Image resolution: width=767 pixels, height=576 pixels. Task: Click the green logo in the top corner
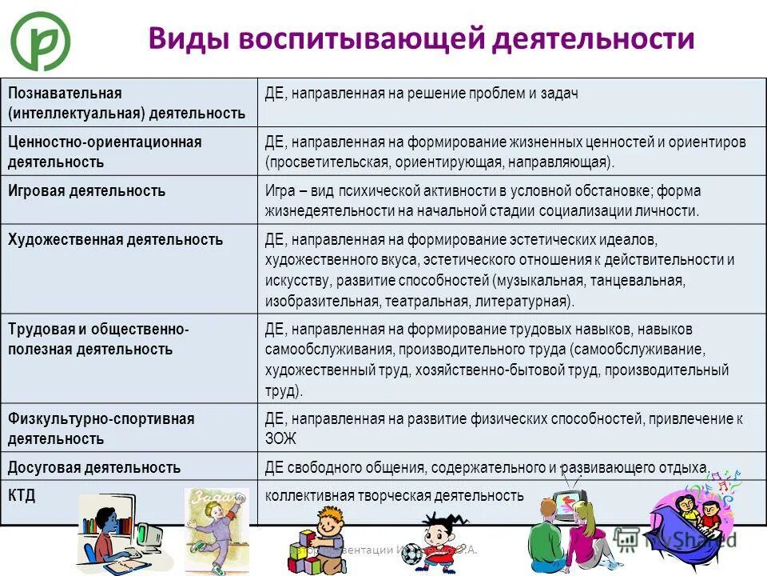[x=41, y=41]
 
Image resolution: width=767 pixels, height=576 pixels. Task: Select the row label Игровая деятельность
[x=87, y=190]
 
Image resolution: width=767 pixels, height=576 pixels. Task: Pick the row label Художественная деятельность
[x=116, y=239]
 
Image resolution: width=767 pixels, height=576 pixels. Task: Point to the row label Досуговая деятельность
[x=94, y=467]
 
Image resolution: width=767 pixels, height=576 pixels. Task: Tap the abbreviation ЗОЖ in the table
[x=280, y=438]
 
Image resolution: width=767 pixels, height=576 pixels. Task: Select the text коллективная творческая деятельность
[x=395, y=495]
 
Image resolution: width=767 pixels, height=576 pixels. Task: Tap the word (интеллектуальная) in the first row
[x=77, y=113]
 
